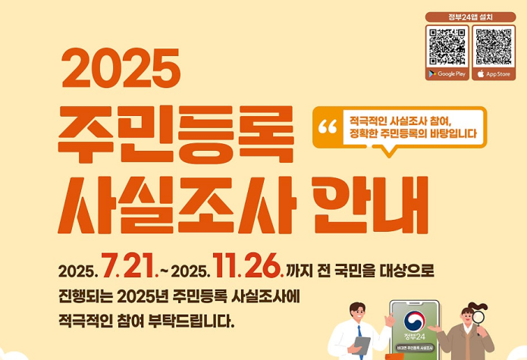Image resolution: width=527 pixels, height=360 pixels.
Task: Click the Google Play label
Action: [x=447, y=74]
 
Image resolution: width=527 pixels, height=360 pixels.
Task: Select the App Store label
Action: [x=494, y=74]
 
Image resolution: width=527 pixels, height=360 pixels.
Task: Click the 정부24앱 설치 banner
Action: [x=470, y=17]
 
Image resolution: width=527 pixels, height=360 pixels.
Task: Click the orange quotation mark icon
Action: [x=328, y=127]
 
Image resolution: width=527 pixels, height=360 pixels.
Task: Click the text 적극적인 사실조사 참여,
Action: [x=400, y=120]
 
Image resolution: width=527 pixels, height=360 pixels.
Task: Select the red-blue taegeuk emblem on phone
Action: [x=414, y=321]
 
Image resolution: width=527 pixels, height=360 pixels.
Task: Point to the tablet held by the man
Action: [x=362, y=347]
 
